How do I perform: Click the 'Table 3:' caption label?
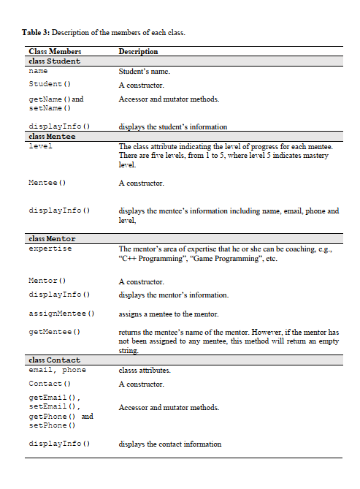pyautogui.click(x=36, y=32)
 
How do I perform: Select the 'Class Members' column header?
pyautogui.click(x=55, y=52)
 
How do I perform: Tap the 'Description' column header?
pyautogui.click(x=138, y=52)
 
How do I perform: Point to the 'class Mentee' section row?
pyautogui.click(x=52, y=137)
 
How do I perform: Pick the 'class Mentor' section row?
pyautogui.click(x=52, y=239)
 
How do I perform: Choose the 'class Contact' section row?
pyautogui.click(x=54, y=360)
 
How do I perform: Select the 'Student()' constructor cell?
pyautogui.click(x=49, y=86)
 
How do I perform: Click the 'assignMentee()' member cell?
pyautogui.click(x=61, y=314)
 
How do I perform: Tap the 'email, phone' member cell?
pyautogui.click(x=57, y=371)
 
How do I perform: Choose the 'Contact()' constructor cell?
pyautogui.click(x=49, y=384)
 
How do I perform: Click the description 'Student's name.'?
pyautogui.click(x=144, y=72)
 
